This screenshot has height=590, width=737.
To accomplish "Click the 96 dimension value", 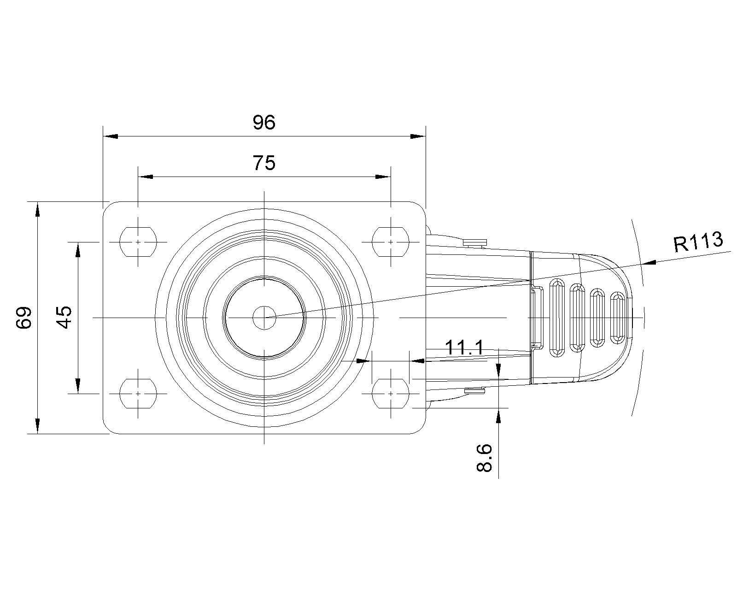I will pos(264,123).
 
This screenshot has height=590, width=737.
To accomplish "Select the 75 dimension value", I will pos(264,163).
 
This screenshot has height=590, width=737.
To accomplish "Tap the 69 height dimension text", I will pos(23,317).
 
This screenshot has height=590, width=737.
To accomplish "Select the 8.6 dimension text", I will pos(484,458).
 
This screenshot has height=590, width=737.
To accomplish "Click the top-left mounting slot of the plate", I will pos(138,242).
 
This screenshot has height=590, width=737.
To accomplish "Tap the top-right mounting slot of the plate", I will pos(391,242).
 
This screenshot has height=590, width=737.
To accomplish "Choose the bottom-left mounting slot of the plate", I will pos(138,394).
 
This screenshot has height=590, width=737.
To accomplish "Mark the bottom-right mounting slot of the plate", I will pos(391,394).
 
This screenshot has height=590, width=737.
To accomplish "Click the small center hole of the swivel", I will pos(264,317).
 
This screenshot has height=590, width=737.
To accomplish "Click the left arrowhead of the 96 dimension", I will pos(111,136).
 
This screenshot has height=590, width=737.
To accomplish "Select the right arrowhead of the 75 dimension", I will pos(383,177).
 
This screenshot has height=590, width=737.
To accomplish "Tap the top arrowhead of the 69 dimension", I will pos(38,210).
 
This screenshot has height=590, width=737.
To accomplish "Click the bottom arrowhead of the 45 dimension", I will pos(78,385).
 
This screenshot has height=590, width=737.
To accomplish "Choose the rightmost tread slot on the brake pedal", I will pos(618,318).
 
